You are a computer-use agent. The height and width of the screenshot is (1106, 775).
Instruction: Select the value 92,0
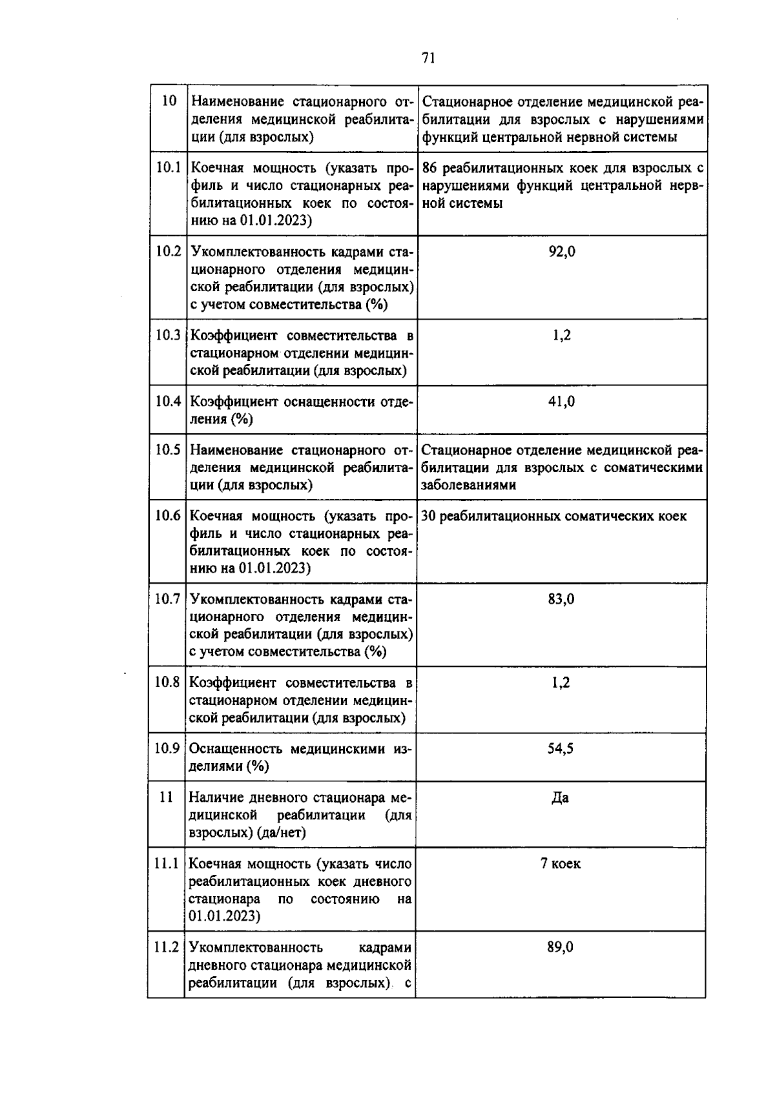[x=562, y=252]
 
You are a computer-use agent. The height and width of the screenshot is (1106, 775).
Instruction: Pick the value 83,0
[x=561, y=599]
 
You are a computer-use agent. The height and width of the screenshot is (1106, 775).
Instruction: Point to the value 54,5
[x=561, y=749]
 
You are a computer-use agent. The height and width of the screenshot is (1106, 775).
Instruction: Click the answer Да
[x=560, y=798]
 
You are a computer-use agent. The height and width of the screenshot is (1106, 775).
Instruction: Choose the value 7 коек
[x=561, y=864]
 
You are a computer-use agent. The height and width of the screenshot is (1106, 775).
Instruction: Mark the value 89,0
[x=561, y=947]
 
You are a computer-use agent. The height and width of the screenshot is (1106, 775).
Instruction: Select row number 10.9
[x=167, y=748]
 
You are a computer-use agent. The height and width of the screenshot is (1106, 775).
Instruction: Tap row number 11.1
[x=167, y=863]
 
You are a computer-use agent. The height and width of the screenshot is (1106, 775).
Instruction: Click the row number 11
[x=166, y=797]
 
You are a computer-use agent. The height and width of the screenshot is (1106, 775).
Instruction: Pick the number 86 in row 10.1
[x=430, y=169]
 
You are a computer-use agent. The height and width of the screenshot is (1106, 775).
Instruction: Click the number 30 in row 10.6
[x=429, y=516]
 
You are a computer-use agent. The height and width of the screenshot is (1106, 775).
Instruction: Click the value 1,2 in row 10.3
[x=561, y=335]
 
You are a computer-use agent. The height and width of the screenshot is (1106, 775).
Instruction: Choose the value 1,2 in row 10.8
[x=561, y=683]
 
